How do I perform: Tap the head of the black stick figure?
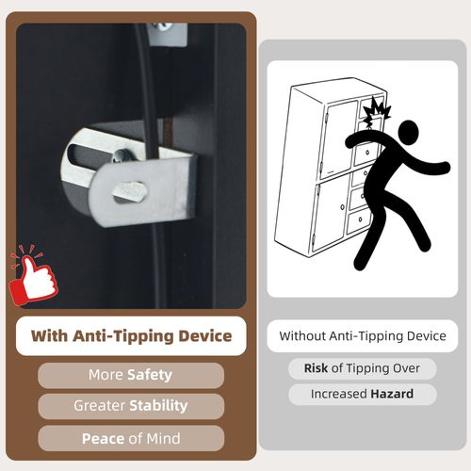(408, 132)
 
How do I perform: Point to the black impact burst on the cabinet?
(376, 111)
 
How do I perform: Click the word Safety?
(150, 375)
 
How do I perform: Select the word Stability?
(158, 406)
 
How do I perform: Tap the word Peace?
(103, 439)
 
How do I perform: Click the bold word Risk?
(316, 368)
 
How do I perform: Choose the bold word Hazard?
(392, 394)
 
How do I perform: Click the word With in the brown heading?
(49, 336)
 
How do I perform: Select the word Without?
(302, 336)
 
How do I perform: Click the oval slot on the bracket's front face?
(130, 191)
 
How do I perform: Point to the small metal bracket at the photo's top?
(168, 34)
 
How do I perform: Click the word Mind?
(163, 439)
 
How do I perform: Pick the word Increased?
(339, 394)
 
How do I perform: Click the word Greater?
(100, 406)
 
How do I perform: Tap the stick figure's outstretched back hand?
(444, 167)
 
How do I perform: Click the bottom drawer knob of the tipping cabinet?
(361, 219)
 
